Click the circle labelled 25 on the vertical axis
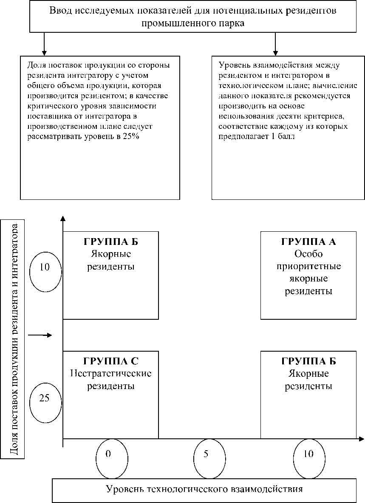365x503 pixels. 45,398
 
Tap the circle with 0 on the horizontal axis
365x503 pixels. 109,454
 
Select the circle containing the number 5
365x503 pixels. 206,454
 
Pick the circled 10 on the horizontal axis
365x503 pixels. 308,454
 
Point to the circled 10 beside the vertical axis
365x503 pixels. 45,267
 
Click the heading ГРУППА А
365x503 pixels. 308,242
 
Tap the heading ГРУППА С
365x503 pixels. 111,361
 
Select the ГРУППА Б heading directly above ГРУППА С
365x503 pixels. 111,242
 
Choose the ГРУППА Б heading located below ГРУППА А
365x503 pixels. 308,361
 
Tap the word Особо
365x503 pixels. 308,254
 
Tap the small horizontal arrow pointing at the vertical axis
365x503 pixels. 40,335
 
